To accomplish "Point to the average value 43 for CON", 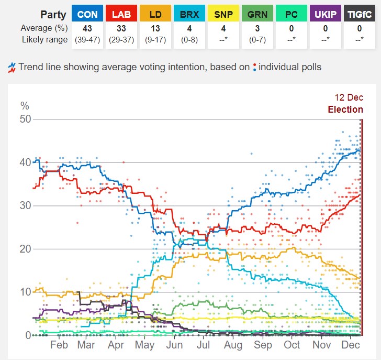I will click(x=87, y=28).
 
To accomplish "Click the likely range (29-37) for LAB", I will click(x=121, y=40).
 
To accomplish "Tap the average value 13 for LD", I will click(x=155, y=28).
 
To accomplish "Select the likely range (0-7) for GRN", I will click(x=257, y=40).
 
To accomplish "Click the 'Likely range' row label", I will click(x=44, y=40).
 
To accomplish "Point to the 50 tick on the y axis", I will click(x=25, y=119).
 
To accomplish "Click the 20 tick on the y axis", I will click(x=25, y=249).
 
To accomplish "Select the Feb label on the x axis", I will click(x=59, y=345).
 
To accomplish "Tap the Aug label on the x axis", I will click(x=233, y=345).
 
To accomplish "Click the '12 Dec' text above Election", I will click(x=349, y=98).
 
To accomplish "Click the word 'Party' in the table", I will click(x=53, y=15).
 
